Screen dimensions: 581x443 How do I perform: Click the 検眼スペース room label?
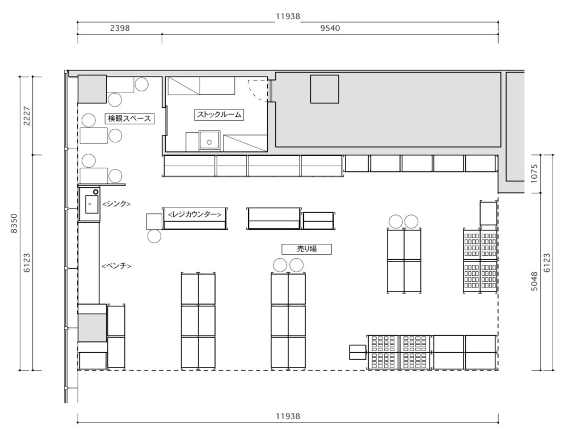tap(129, 119)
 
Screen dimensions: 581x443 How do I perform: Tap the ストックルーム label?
tap(219, 115)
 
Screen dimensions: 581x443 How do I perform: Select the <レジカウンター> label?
tap(195, 214)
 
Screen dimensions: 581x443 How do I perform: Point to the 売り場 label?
tap(307, 249)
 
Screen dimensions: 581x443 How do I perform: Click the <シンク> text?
tap(116, 204)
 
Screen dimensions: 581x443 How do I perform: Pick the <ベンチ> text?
tap(116, 266)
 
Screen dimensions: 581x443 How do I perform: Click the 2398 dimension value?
tap(120, 28)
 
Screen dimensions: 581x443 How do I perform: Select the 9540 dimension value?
tap(330, 28)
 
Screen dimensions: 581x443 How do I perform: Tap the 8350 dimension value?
tap(14, 223)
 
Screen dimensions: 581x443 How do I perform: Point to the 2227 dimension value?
tap(27, 116)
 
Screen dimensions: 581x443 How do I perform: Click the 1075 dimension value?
tap(534, 174)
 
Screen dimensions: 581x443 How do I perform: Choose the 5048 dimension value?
tap(534, 281)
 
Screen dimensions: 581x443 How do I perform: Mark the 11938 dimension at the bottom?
tap(288, 416)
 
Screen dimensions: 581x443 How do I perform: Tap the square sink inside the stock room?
tap(210, 140)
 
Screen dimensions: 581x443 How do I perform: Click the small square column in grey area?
tap(325, 89)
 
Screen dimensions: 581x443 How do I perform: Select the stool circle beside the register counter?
tap(154, 236)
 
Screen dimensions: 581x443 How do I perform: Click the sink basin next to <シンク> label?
tap(91, 204)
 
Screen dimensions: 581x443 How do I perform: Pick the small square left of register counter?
tap(154, 221)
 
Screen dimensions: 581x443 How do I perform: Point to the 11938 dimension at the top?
tap(288, 16)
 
